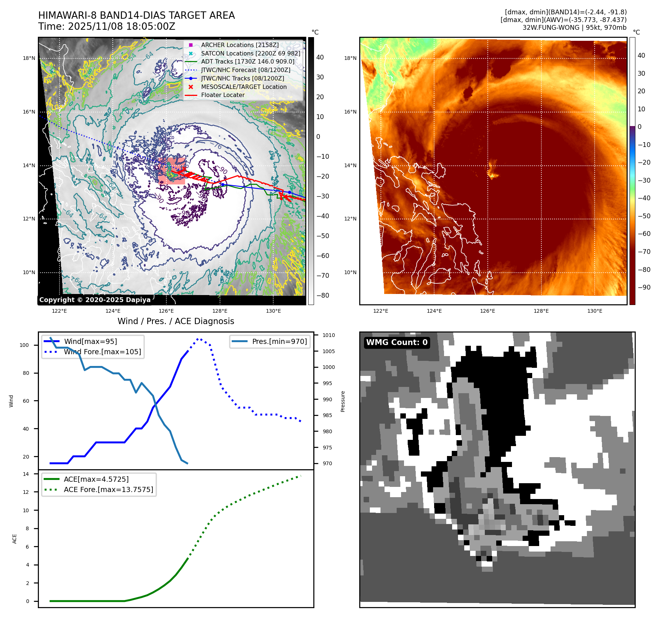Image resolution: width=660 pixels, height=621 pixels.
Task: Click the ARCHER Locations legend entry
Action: tap(239, 45)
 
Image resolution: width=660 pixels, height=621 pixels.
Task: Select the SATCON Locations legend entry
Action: tap(250, 53)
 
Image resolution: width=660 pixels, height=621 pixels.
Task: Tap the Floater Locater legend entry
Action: tap(223, 95)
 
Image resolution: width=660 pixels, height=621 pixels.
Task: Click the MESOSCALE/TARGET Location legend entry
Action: tap(244, 87)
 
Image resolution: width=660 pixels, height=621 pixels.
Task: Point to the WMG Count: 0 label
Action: tap(397, 342)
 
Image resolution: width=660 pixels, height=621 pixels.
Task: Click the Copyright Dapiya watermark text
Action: tap(95, 300)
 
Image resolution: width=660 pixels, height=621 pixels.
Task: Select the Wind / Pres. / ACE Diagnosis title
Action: tap(176, 321)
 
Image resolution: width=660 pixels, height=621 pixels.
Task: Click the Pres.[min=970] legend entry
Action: tap(279, 341)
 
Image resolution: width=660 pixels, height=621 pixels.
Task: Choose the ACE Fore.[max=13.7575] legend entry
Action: tap(108, 489)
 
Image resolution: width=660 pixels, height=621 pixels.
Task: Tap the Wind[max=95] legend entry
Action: tap(90, 341)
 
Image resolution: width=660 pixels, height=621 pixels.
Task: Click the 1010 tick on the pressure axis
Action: tap(328, 335)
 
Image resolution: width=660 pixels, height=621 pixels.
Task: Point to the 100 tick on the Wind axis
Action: tap(24, 345)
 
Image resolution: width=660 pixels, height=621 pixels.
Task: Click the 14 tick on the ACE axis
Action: tap(26, 474)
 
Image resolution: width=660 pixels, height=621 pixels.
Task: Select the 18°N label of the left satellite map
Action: tap(29, 58)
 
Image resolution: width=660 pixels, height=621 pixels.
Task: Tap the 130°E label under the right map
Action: tap(594, 311)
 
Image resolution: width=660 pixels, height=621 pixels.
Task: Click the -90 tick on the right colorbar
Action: tap(644, 287)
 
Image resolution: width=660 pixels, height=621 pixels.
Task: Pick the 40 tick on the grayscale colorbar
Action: tap(320, 57)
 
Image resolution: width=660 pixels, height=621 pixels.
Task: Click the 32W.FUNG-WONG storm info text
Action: tap(574, 28)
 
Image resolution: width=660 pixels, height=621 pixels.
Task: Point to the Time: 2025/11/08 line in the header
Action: tap(107, 26)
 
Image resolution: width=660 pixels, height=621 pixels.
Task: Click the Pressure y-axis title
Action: tap(343, 401)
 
